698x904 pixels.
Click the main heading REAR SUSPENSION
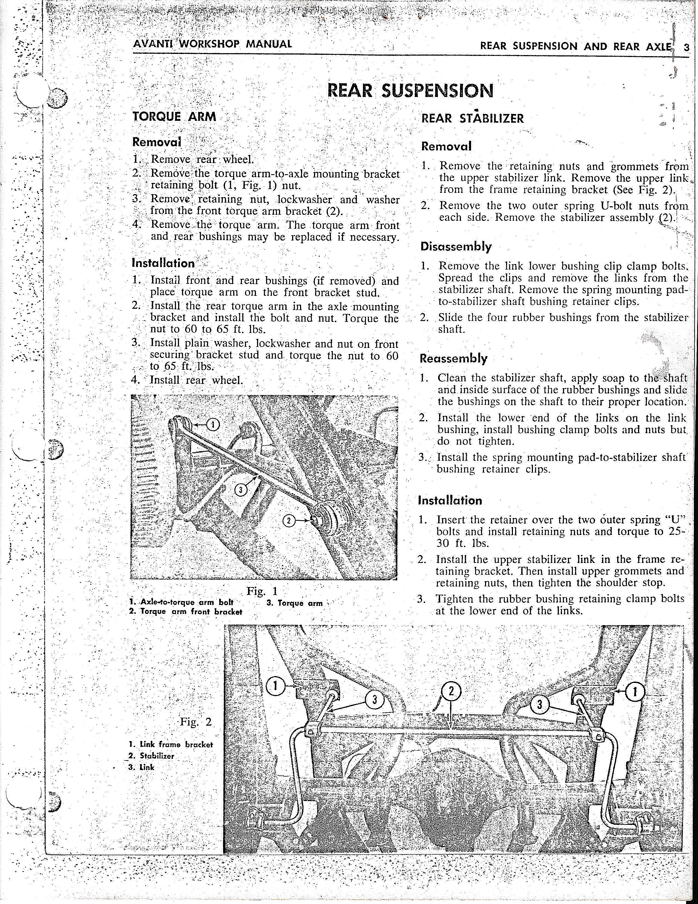click(410, 90)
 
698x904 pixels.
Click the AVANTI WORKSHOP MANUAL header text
click(212, 44)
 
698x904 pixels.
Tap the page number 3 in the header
click(687, 47)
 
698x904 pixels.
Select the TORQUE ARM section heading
click(174, 116)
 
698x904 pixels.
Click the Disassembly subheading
click(456, 247)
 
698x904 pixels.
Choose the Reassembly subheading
click(453, 359)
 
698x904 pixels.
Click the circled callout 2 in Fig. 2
click(451, 691)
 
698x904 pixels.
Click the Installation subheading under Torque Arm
click(163, 263)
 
